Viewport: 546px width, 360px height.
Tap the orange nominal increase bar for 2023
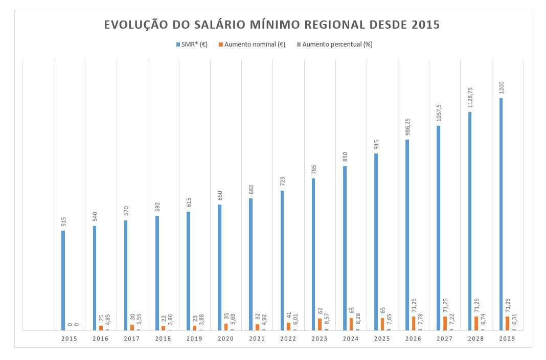click(x=320, y=324)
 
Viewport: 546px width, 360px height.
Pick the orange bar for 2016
click(x=101, y=328)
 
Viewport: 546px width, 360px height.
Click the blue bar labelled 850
click(x=345, y=248)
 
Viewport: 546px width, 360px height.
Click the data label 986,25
click(x=407, y=128)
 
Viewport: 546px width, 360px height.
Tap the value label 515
click(x=63, y=221)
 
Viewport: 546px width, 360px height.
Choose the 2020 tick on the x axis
click(x=225, y=339)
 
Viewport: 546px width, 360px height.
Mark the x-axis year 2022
click(x=288, y=339)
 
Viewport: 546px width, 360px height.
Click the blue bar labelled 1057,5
click(x=439, y=228)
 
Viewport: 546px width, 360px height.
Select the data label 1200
click(x=501, y=87)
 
